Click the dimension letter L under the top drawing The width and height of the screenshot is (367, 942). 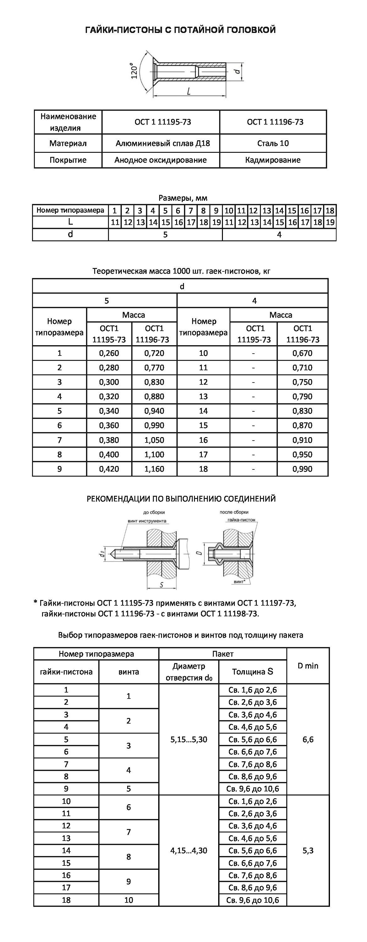tap(188, 91)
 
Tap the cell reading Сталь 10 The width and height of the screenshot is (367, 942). tap(273, 143)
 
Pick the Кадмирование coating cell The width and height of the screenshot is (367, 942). tap(273, 160)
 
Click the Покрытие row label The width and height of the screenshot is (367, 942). tap(68, 160)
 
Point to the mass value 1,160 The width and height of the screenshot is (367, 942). tap(154, 469)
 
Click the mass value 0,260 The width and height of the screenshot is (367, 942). tap(109, 353)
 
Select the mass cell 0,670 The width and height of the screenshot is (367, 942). tap(302, 353)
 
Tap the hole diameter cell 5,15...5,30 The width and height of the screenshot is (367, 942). tap(189, 739)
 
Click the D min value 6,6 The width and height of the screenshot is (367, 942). tap(308, 739)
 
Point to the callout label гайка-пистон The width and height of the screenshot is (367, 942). tap(241, 520)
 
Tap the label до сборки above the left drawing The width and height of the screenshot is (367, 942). tap(154, 512)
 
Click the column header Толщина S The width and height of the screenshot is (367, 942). tap(252, 672)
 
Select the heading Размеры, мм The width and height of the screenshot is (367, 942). tap(183, 198)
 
